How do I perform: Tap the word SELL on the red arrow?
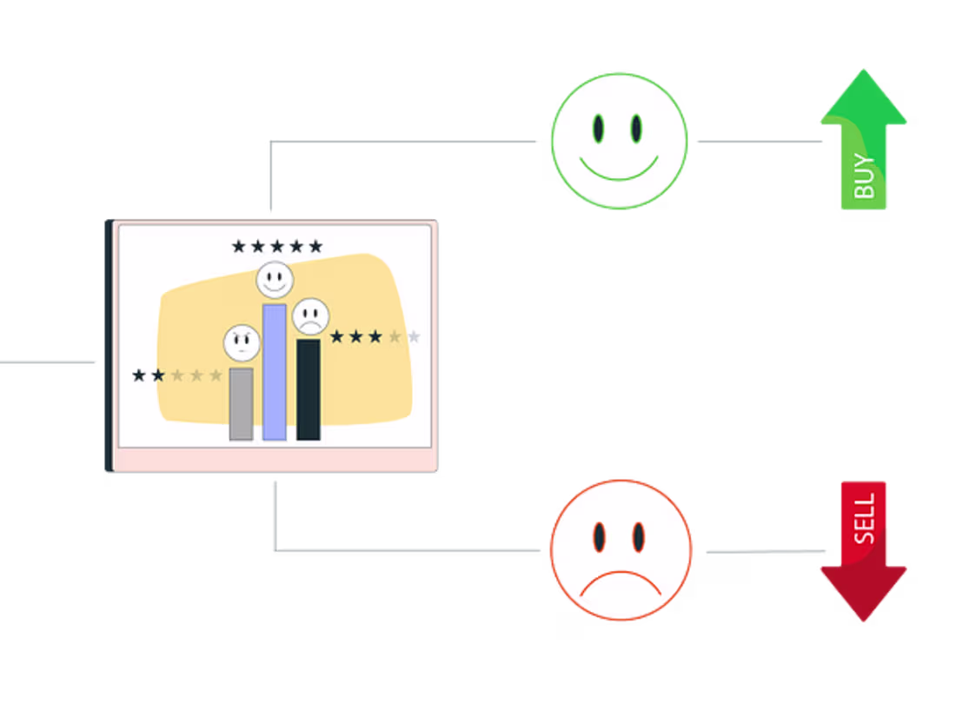pos(865,520)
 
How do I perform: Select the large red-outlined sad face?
pos(621,549)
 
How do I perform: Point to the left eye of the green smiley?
pos(599,129)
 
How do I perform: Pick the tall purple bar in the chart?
pos(275,372)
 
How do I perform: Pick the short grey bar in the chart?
pos(241,404)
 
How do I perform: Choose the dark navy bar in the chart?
pos(309,389)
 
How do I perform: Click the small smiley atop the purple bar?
pos(275,280)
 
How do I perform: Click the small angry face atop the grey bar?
pos(242,343)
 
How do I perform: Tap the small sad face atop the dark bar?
pos(310,316)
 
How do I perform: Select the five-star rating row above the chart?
pos(276,247)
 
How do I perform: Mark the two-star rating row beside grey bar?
pos(177,375)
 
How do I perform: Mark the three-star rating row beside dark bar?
pos(375,336)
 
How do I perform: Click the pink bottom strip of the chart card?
pos(275,460)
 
